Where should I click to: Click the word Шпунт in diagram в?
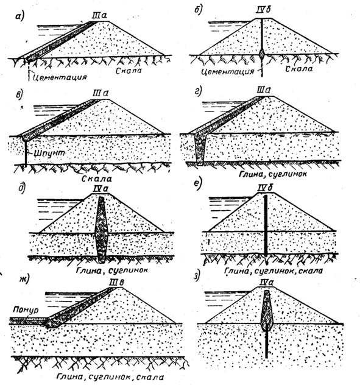coord(49,154)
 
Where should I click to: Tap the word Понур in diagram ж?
coord(26,310)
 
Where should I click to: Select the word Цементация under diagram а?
coord(60,77)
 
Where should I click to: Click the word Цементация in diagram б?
coord(227,71)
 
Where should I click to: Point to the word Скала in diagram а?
coord(129,71)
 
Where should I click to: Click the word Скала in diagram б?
coord(299,69)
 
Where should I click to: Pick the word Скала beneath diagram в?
coord(96,178)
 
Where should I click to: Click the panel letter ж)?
coord(24,279)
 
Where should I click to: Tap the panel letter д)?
coord(22,188)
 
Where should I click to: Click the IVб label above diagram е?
coord(266,188)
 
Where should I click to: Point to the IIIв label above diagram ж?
coord(116,283)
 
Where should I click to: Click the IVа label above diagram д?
coord(101,189)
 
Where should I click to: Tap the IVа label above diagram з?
coord(267,283)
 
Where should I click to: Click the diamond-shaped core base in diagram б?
coord(262,54)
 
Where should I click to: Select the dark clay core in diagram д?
coord(101,230)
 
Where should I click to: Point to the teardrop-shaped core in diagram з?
coord(267,311)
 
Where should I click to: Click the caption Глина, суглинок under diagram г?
coord(272,174)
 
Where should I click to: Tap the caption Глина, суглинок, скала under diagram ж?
coord(110,376)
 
